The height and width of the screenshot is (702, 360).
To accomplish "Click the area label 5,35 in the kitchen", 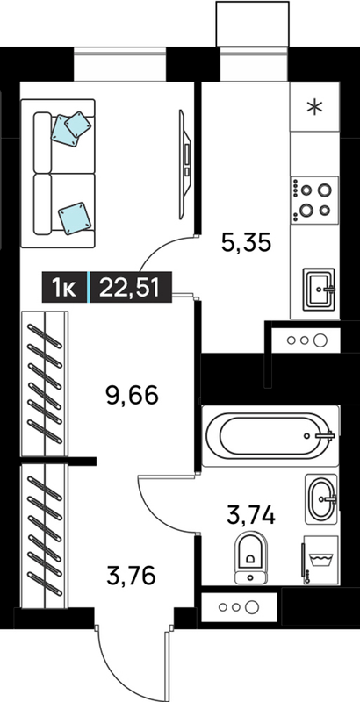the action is [246, 243].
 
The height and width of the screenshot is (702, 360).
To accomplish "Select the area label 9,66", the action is [133, 396].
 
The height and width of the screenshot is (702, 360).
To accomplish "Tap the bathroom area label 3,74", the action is [251, 515].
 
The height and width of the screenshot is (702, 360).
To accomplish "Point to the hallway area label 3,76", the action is [131, 576].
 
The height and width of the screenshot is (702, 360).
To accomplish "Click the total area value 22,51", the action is [130, 287].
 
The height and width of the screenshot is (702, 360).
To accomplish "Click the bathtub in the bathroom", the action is [270, 435].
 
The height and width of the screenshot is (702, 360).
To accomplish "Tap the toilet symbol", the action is [251, 558].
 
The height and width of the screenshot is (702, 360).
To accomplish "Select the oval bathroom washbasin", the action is [320, 498].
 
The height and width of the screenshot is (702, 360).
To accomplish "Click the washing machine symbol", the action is [321, 560].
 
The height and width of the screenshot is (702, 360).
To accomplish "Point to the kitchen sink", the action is [319, 290].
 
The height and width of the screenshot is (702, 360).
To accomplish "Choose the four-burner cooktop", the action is [314, 200].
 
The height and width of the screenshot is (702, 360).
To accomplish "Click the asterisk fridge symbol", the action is [315, 107].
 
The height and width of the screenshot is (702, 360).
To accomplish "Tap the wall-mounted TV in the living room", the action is [185, 164].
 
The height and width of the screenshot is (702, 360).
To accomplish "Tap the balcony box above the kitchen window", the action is [253, 24].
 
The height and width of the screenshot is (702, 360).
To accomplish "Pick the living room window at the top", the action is [119, 64].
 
